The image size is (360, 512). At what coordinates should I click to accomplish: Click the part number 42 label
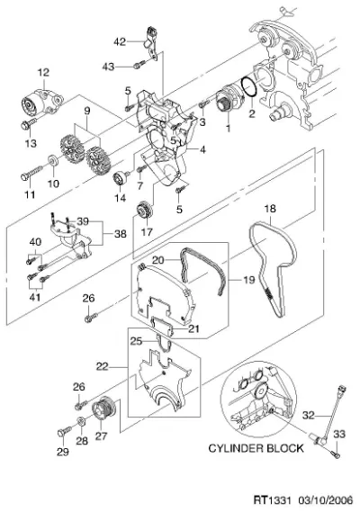pos(120,41)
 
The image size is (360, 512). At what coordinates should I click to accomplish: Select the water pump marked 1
pos(229,100)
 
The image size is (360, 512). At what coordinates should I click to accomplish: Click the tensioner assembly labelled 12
pos(41,101)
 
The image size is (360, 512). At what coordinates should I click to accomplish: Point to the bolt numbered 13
pos(28,124)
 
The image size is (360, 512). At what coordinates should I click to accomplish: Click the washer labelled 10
pos(53,161)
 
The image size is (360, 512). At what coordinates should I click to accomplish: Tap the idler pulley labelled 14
pos(121,178)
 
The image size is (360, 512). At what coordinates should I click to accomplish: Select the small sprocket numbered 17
pos(144,211)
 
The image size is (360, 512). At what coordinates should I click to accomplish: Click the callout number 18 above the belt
pos(270,209)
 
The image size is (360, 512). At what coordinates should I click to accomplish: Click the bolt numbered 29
pos(64,431)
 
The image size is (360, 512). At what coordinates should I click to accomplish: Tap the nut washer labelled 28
pos(81,422)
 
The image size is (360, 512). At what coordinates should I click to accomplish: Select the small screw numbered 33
pos(336,454)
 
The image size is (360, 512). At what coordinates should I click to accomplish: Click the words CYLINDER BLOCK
pos(256,448)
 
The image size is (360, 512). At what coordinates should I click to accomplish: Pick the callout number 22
pos(103,367)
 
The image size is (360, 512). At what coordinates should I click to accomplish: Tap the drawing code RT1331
pos(272,500)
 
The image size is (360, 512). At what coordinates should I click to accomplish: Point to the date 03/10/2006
pos(325,500)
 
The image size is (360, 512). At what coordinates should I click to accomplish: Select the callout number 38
pos(120,234)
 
